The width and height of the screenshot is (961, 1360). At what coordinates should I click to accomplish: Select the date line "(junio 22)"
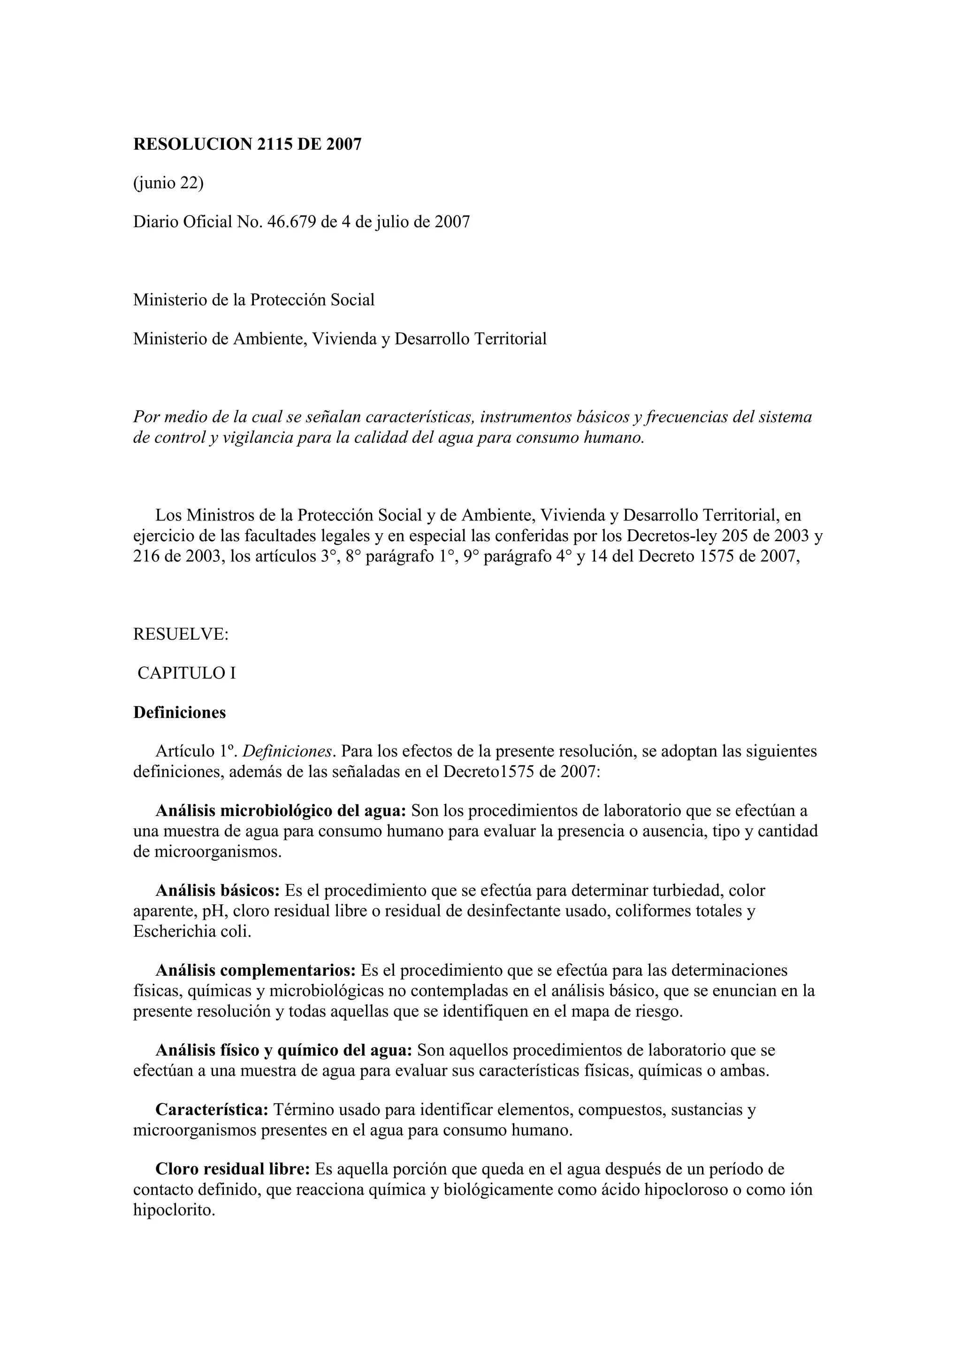coord(168,183)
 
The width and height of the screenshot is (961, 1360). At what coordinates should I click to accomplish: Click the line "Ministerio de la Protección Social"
coord(253,300)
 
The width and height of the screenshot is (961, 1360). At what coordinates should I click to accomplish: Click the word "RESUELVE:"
coord(181,634)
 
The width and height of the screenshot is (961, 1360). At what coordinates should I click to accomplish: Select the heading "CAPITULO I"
coord(186,673)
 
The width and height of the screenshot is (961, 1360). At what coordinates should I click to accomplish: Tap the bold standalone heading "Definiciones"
coord(179,712)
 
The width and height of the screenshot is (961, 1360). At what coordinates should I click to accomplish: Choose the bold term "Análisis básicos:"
coord(217,890)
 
